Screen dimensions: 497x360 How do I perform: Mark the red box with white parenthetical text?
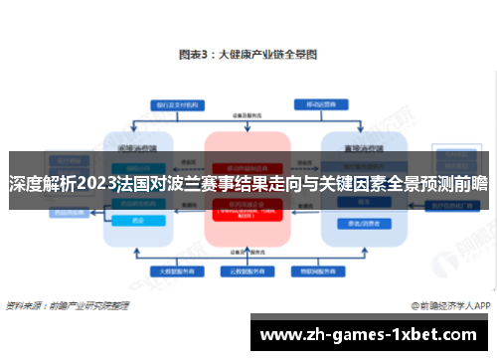click(248, 211)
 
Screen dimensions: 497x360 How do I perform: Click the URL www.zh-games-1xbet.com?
click(371, 334)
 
